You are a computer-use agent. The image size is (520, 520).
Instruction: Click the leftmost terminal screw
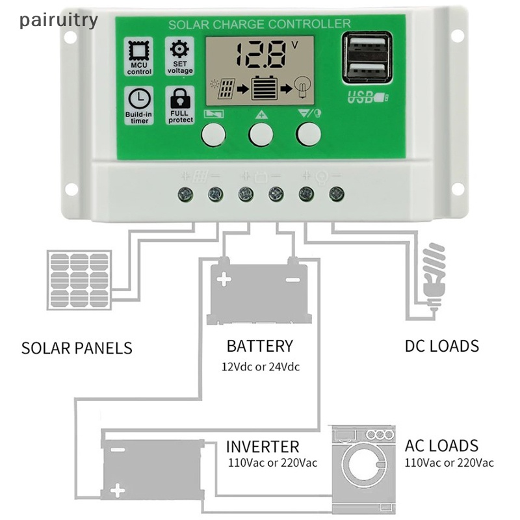coord(185,193)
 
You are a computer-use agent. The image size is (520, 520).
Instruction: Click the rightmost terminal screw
coord(336,193)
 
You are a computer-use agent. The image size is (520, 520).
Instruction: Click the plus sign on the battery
coord(225,280)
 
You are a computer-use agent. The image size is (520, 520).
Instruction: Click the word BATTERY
coord(259,346)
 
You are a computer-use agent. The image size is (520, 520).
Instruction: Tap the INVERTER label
coord(263,447)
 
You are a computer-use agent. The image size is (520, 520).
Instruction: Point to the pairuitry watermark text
coord(58,19)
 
